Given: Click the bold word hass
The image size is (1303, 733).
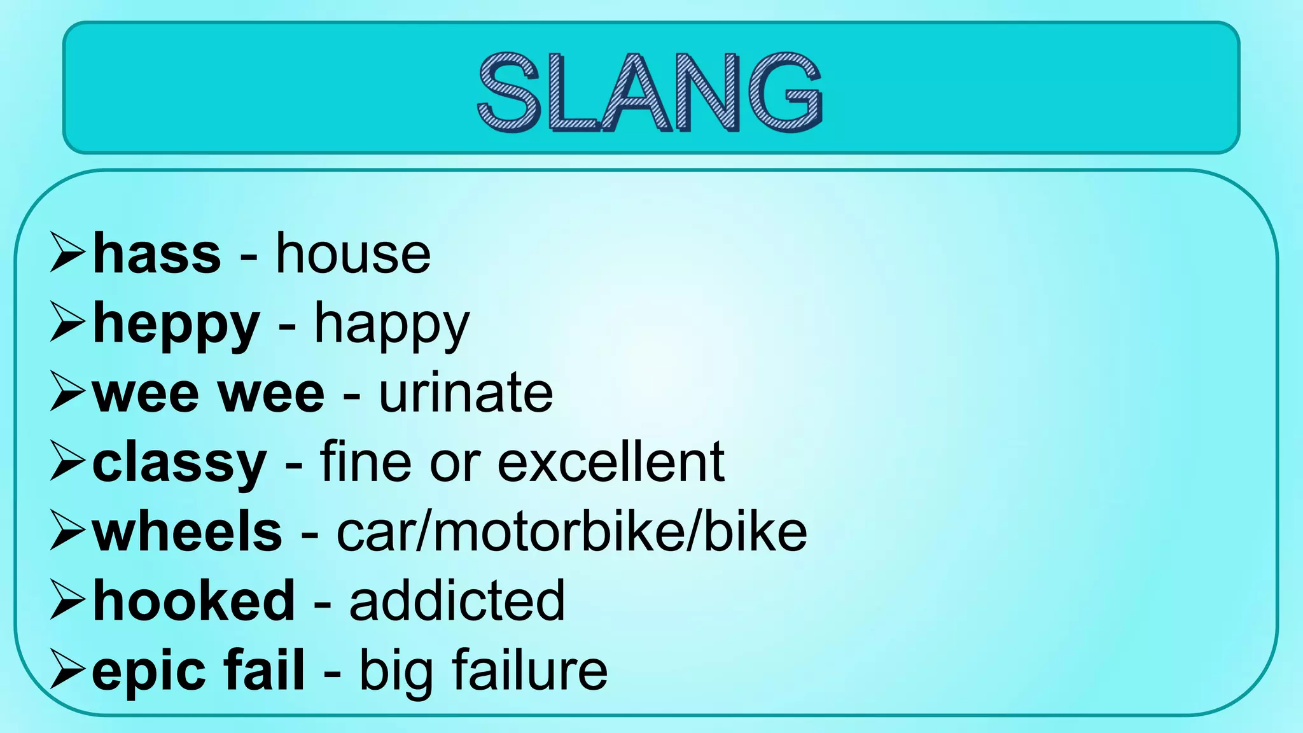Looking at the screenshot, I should click(157, 255).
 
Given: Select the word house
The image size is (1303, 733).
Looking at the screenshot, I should click(353, 255).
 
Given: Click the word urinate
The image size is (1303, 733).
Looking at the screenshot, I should click(466, 393).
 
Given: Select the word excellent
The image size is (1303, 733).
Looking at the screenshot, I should click(611, 463).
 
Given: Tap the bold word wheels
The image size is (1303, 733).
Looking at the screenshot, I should click(187, 533).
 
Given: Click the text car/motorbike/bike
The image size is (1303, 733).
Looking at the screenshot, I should click(571, 533).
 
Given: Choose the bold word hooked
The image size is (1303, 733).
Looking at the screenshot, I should click(194, 601).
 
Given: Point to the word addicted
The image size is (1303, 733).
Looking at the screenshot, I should click(457, 601).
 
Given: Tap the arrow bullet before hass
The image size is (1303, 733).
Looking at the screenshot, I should click(67, 253).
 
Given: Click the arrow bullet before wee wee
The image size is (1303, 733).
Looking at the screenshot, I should click(67, 392).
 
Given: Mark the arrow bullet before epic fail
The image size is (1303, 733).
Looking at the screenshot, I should click(67, 669).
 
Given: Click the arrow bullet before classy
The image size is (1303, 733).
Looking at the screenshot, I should click(67, 461).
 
